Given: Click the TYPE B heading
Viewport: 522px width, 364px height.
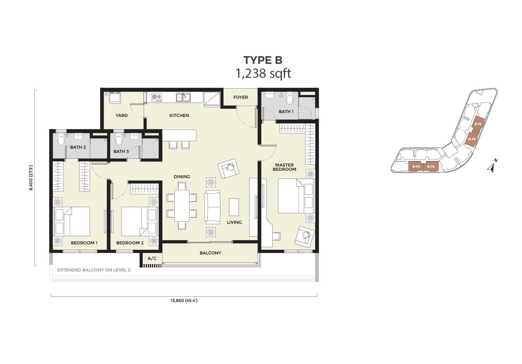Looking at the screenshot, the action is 263,60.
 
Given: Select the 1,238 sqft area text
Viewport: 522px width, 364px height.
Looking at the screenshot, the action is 263,74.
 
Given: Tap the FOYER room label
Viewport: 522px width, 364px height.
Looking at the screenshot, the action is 241,97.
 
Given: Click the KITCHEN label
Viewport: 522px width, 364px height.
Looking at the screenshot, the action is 179,115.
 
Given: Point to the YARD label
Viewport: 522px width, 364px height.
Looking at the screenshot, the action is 122,115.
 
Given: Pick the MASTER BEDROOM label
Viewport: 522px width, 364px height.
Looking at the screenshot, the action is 284,167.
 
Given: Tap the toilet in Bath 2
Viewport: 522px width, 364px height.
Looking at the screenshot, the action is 61,139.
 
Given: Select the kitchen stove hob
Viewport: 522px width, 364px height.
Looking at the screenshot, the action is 157,97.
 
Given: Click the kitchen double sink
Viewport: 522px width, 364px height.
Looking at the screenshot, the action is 184,98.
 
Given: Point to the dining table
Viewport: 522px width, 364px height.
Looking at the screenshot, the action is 182,206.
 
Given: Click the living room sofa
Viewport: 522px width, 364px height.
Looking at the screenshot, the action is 212,207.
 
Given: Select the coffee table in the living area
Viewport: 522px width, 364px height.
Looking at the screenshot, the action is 234,207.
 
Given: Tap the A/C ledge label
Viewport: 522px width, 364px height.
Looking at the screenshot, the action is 152,258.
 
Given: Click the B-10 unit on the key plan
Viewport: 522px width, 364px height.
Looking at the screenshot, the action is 478,124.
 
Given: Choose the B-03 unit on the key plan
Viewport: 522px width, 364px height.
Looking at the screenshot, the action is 416,167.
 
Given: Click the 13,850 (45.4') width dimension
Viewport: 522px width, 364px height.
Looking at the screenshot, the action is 184,300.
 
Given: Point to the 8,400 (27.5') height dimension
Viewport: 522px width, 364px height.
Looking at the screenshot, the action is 31,178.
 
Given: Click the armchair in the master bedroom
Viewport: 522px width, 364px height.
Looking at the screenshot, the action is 304,237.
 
